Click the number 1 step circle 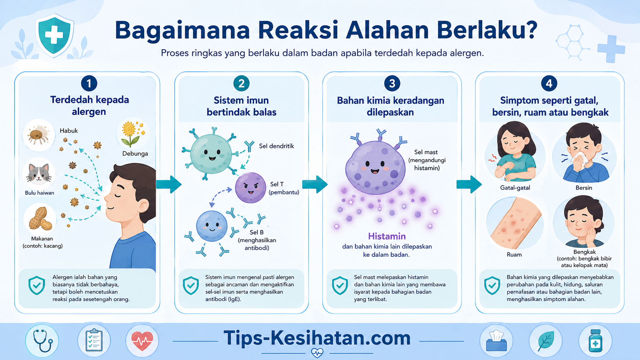click(89, 83)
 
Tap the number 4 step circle click(549, 83)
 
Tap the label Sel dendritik click(276, 146)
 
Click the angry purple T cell click(250, 187)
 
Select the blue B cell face click(212, 226)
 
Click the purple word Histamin click(387, 236)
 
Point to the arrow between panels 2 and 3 click(315, 184)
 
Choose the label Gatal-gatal click(515, 187)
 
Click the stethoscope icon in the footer click(42, 341)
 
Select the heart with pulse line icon click(142, 341)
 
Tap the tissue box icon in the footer click(496, 341)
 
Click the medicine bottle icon click(596, 341)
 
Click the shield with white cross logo click(54, 35)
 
